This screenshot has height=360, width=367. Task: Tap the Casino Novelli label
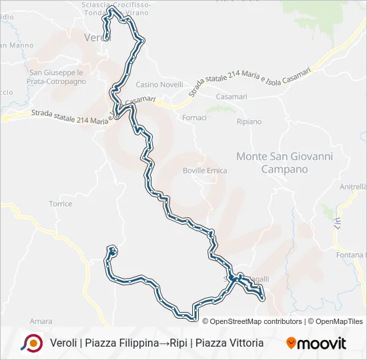tap(159, 85)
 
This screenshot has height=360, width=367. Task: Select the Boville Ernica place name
tap(205, 171)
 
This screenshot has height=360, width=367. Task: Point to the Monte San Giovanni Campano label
tap(284, 163)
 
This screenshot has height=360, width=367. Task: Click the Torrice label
tap(60, 204)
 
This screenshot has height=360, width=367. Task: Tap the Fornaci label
tap(194, 118)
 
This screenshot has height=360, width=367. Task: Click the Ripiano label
tap(249, 122)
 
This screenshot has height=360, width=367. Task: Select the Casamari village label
tap(232, 97)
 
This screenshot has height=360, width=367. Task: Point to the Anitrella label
tap(353, 187)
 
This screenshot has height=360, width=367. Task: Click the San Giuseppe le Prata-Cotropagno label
tap(56, 77)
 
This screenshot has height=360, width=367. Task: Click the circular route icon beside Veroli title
tap(31, 343)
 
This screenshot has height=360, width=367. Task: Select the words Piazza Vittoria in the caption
tap(229, 343)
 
